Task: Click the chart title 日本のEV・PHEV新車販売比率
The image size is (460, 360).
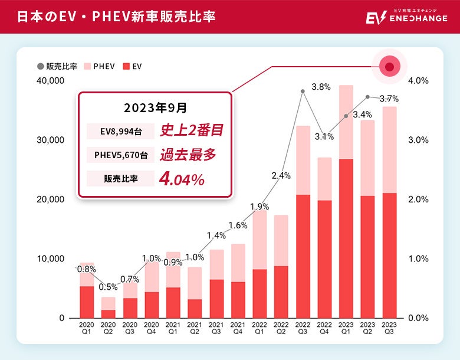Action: click(116, 17)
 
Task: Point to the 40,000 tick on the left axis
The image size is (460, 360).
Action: click(50, 80)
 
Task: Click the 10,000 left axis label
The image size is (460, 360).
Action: click(50, 258)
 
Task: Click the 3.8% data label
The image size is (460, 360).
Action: click(321, 87)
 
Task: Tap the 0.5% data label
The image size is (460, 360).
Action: click(108, 287)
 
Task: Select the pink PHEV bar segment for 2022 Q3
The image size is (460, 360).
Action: click(303, 160)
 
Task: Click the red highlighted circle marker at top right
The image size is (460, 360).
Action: click(389, 67)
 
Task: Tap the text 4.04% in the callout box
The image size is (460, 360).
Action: click(182, 179)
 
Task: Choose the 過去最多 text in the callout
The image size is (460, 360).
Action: click(188, 155)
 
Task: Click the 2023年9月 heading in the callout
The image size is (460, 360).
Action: click(155, 108)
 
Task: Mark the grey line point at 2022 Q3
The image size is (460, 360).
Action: click(303, 91)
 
